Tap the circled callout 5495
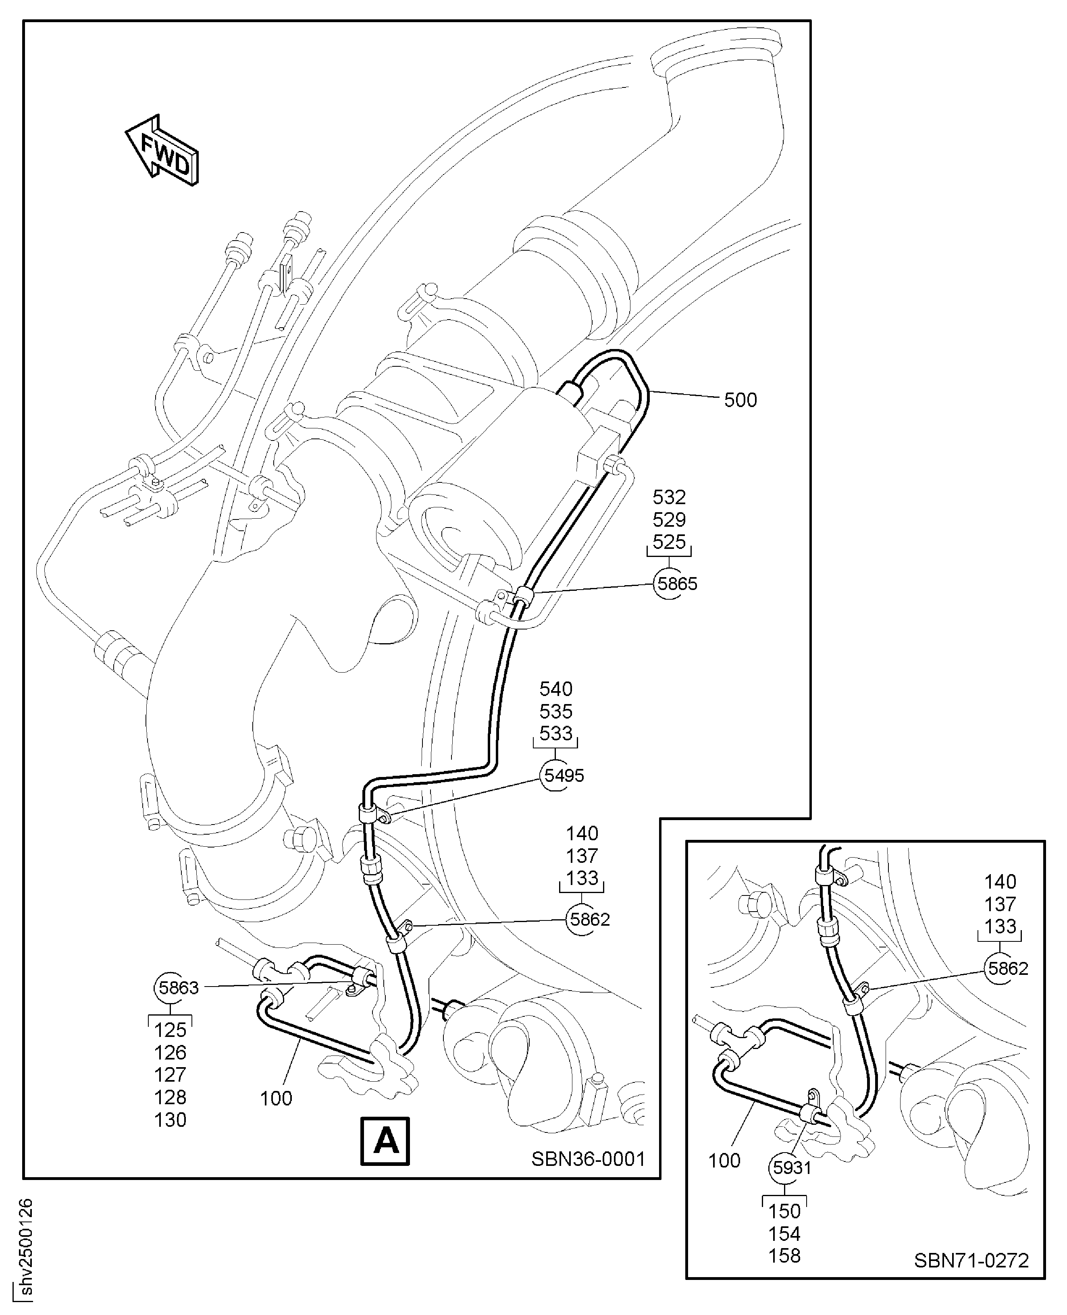[564, 775]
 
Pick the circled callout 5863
[178, 987]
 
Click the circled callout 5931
[792, 1167]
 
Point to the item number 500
[740, 400]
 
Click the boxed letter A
[385, 1140]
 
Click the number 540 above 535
[555, 688]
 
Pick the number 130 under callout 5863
[170, 1119]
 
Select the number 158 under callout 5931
[784, 1255]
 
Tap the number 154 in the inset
[784, 1233]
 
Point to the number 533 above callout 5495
[555, 733]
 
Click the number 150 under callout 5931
[784, 1211]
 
